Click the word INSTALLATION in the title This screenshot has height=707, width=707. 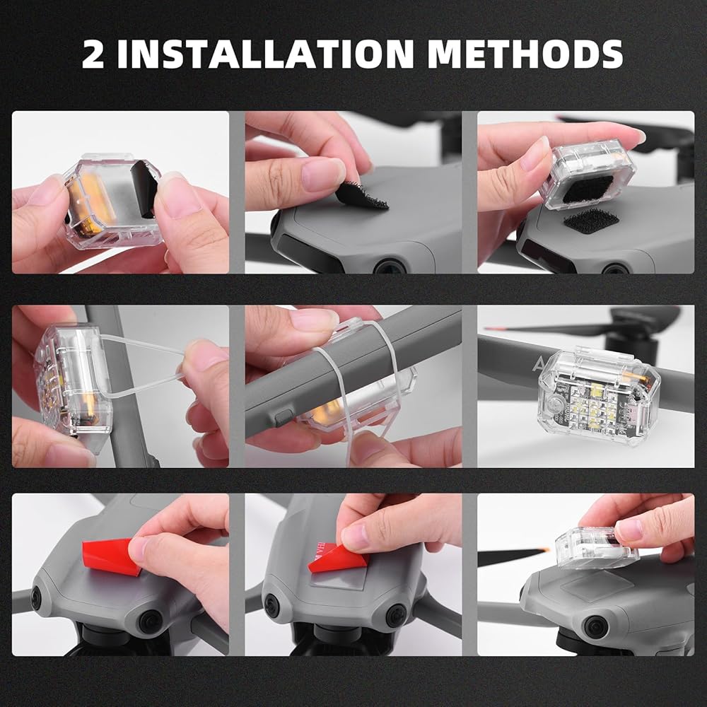point(265,54)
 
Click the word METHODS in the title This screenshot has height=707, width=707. point(525,54)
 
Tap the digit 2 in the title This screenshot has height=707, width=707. point(93,54)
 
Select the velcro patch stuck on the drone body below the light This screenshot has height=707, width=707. point(591,221)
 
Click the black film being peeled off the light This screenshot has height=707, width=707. point(144,187)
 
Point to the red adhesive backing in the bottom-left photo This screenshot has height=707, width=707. point(111,556)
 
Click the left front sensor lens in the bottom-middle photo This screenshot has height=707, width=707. point(271,605)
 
